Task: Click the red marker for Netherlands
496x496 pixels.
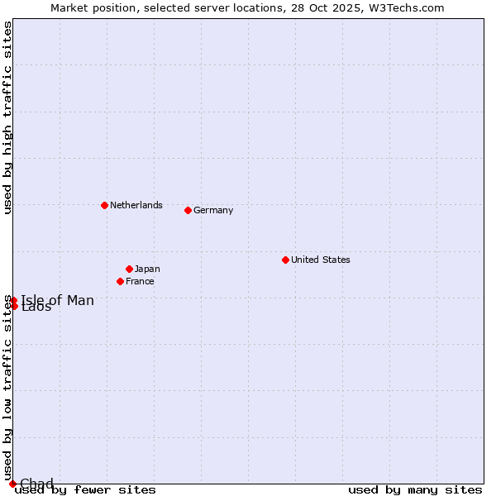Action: tap(104, 205)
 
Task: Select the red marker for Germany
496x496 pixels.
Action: tap(188, 210)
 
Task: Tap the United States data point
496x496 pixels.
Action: tap(285, 260)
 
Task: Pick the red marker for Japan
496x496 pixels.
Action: tap(129, 269)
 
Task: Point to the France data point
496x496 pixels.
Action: tap(120, 281)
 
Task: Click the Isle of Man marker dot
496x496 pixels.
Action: tap(13, 300)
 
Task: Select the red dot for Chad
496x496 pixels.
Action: tap(12, 484)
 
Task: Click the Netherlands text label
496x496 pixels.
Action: tap(136, 205)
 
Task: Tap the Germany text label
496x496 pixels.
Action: tap(213, 210)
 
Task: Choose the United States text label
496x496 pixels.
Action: tap(320, 260)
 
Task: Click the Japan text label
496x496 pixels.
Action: tap(147, 269)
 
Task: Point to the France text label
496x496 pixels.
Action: tap(140, 281)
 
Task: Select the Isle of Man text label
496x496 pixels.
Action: tap(58, 300)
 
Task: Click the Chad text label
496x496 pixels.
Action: tap(36, 484)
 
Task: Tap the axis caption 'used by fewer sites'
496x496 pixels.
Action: tap(85, 490)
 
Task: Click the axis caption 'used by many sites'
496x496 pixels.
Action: tap(415, 490)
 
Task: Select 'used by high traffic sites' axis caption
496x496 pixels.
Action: tap(7, 117)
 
